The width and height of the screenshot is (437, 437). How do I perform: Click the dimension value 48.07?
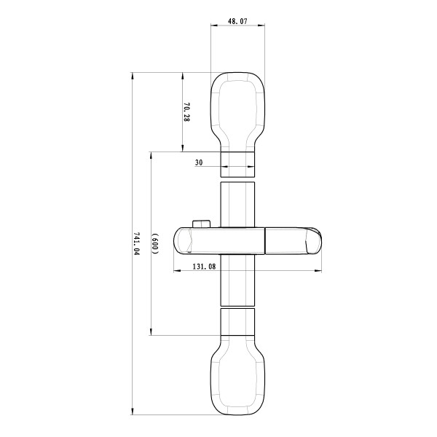(237, 23)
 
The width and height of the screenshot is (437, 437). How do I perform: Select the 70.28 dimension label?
(186, 112)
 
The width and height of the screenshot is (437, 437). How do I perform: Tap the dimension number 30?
(198, 163)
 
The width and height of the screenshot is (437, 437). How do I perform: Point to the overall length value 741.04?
(136, 243)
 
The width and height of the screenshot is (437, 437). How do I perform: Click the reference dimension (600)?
(155, 243)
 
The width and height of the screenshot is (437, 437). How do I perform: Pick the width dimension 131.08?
(204, 267)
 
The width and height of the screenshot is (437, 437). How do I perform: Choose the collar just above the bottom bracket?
(237, 322)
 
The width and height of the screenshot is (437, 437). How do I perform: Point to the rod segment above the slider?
(237, 205)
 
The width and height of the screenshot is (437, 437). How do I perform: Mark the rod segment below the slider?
(237, 280)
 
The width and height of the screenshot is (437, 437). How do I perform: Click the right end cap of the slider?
(315, 242)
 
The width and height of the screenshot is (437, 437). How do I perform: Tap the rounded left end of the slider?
(182, 241)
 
